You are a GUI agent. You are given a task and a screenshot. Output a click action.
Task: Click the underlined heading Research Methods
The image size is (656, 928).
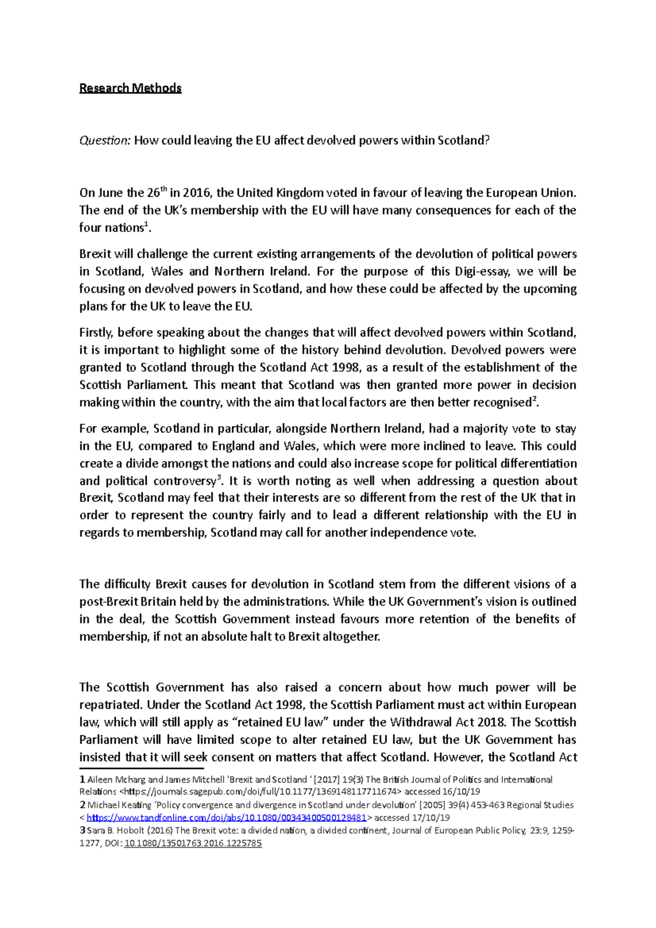[130, 88]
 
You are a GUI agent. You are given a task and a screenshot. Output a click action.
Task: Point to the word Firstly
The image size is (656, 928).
[96, 333]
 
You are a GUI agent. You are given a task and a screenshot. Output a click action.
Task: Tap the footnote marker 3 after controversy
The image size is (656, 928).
[219, 478]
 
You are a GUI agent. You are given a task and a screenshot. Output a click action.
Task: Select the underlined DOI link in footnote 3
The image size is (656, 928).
[193, 843]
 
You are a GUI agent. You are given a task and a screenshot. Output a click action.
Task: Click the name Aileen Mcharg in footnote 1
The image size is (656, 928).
[116, 779]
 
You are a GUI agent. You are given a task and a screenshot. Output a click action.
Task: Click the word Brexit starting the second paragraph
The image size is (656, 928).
[95, 254]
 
